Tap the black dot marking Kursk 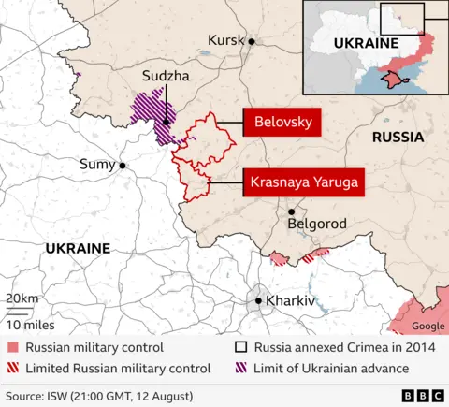click(252, 40)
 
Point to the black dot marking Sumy click(123, 166)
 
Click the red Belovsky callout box click(283, 123)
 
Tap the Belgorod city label click(317, 225)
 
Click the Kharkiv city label click(291, 301)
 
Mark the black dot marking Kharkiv click(260, 301)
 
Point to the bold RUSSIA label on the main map click(398, 137)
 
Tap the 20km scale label click(22, 298)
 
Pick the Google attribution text click(428, 326)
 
